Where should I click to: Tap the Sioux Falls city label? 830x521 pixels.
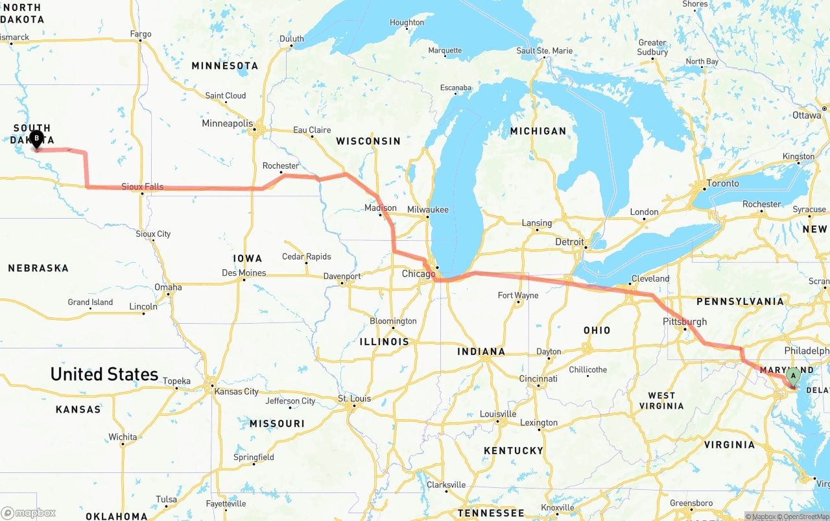(x=143, y=187)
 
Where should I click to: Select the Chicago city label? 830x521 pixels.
(x=418, y=274)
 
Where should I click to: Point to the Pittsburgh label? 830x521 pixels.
(x=685, y=322)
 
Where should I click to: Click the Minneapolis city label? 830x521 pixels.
(x=227, y=123)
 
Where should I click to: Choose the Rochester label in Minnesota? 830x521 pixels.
(x=281, y=166)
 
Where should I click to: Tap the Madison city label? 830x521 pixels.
(x=381, y=208)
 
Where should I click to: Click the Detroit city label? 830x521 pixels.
(x=569, y=242)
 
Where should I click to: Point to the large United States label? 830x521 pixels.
(x=104, y=374)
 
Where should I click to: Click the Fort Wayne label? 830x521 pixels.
(x=518, y=296)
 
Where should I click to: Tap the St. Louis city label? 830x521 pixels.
(x=355, y=398)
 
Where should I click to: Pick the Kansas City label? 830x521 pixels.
(x=237, y=391)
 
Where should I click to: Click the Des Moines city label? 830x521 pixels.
(x=244, y=273)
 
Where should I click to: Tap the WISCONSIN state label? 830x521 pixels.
(x=368, y=141)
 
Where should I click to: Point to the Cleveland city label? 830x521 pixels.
(x=650, y=279)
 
